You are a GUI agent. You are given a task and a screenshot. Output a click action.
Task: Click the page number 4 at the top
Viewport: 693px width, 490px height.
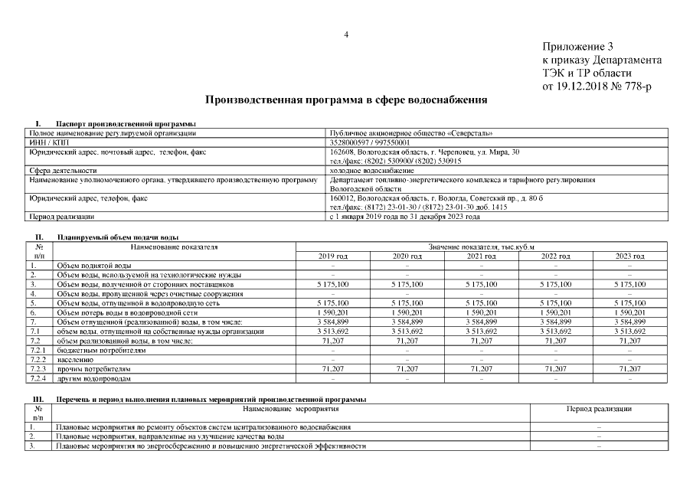(346, 34)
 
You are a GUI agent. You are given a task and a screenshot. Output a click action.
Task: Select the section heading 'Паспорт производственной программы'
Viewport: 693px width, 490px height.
(126, 124)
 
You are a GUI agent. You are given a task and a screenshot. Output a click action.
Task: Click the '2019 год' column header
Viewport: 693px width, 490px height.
(332, 256)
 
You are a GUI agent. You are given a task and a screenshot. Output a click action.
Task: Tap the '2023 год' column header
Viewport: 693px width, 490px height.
(629, 256)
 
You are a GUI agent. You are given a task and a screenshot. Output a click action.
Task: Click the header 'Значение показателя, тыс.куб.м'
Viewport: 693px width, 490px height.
(481, 247)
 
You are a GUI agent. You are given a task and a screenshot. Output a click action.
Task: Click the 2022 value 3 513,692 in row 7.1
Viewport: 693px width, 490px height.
(555, 332)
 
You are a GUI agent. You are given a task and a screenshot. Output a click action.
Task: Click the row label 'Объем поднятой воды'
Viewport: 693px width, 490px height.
(94, 265)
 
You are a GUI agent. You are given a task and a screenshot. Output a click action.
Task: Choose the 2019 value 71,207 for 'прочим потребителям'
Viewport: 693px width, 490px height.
(332, 369)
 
